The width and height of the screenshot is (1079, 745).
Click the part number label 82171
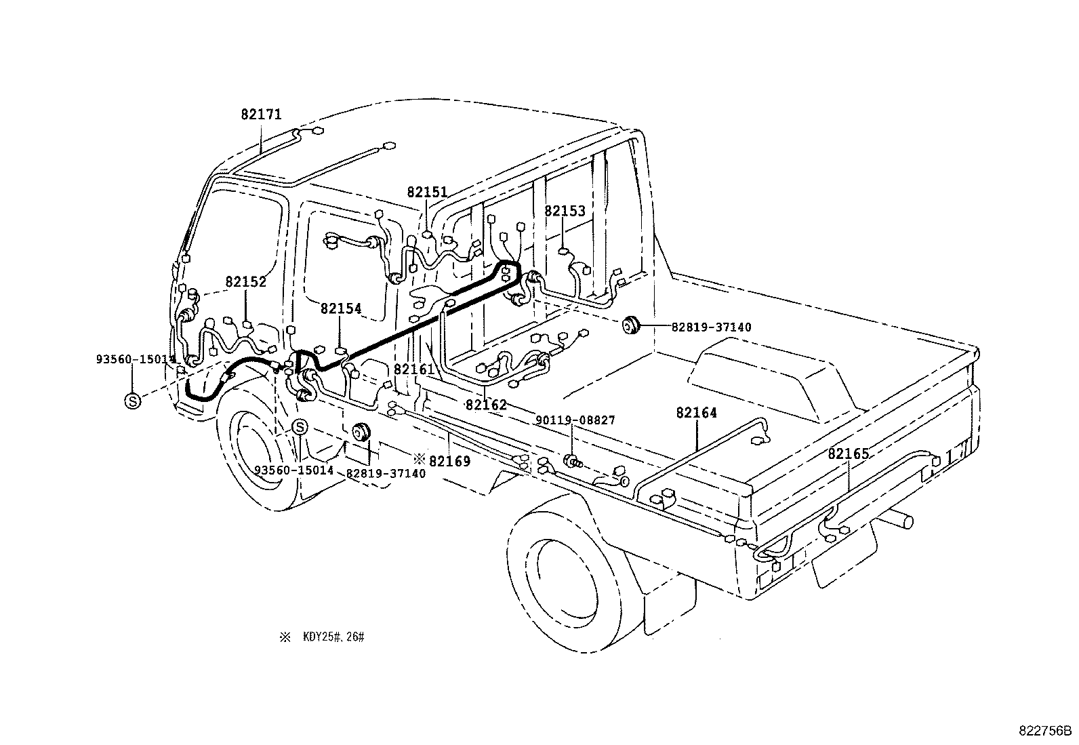(x=261, y=115)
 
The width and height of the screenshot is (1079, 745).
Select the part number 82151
(x=427, y=193)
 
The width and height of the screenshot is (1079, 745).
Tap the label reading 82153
(x=565, y=212)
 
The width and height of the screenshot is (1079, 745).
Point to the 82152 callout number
(x=246, y=282)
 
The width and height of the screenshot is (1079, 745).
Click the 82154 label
(x=341, y=309)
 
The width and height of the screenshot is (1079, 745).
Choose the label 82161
(x=413, y=369)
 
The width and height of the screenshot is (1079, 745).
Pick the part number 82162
(x=486, y=405)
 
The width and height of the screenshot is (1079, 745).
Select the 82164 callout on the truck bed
(x=696, y=413)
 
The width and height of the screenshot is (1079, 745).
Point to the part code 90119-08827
(x=575, y=420)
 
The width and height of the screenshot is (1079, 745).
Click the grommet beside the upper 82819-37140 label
(x=632, y=326)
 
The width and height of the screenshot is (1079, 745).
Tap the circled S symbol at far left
(x=133, y=401)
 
